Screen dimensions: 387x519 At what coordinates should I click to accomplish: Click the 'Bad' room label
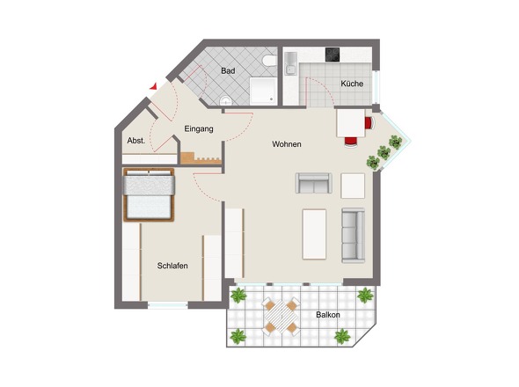pyautogui.click(x=227, y=69)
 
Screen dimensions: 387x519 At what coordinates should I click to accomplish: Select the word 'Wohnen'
pyautogui.click(x=287, y=143)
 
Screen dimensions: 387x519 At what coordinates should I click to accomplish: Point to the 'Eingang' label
pyautogui.click(x=199, y=129)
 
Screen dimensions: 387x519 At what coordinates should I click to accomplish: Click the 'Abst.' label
pyautogui.click(x=135, y=141)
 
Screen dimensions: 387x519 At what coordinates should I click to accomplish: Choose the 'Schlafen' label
pyautogui.click(x=172, y=266)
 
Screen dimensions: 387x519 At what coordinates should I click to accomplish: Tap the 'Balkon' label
pyautogui.click(x=328, y=315)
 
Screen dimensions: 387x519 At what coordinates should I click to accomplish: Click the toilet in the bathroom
pyautogui.click(x=269, y=62)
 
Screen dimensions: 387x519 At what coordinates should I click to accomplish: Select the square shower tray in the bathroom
pyautogui.click(x=263, y=90)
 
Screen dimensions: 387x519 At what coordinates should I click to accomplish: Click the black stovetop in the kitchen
pyautogui.click(x=334, y=55)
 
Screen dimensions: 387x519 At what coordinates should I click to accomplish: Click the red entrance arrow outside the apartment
pyautogui.click(x=155, y=85)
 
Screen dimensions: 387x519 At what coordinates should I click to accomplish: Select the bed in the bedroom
pyautogui.click(x=149, y=194)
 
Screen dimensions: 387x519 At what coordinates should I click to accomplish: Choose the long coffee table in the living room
pyautogui.click(x=314, y=234)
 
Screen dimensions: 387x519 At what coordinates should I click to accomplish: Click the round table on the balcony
pyautogui.click(x=281, y=317)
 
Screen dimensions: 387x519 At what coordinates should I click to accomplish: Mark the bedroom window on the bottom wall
pyautogui.click(x=167, y=305)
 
